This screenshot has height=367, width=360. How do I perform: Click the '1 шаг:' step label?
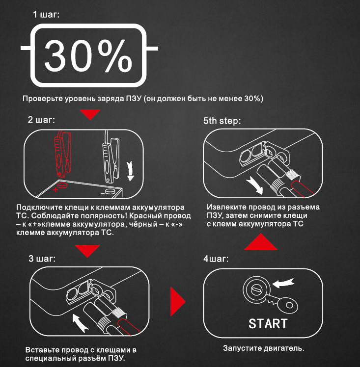click(46, 15)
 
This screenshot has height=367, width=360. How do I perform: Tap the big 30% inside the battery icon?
click(88, 56)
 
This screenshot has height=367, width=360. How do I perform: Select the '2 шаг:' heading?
click(41, 120)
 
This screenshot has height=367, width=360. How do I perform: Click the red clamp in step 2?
click(62, 154)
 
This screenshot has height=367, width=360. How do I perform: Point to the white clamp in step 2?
click(111, 159)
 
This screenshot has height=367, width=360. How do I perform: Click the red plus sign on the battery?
click(55, 190)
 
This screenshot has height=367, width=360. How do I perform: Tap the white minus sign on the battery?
click(103, 194)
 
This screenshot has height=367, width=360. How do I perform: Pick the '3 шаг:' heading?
click(42, 259)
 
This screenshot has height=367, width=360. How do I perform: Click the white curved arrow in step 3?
click(79, 323)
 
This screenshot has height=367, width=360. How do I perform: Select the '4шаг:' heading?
click(216, 259)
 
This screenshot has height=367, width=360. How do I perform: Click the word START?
click(268, 324)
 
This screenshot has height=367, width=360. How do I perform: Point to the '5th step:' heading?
click(222, 121)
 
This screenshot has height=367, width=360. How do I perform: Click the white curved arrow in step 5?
click(255, 185)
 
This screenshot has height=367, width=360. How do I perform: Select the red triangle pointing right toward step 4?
click(177, 302)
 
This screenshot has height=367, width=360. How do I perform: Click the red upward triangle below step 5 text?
click(261, 242)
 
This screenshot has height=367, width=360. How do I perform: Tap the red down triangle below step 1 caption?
click(90, 114)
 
